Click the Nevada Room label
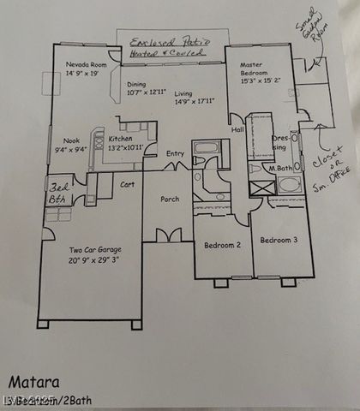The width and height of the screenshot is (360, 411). point(86,65)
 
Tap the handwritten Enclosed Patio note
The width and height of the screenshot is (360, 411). point(168,46)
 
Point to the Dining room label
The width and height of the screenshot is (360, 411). point(137,84)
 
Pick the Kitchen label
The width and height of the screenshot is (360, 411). point(121,138)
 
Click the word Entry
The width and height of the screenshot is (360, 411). point(175,154)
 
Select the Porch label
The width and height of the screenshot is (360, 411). point(170,200)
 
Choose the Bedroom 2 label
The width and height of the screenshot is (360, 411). point(221,246)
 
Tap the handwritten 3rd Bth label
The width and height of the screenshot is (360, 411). point(58,190)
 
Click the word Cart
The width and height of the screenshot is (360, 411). point(127,184)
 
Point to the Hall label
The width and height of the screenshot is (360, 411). point(237,130)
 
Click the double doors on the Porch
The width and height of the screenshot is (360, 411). point(168,235)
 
